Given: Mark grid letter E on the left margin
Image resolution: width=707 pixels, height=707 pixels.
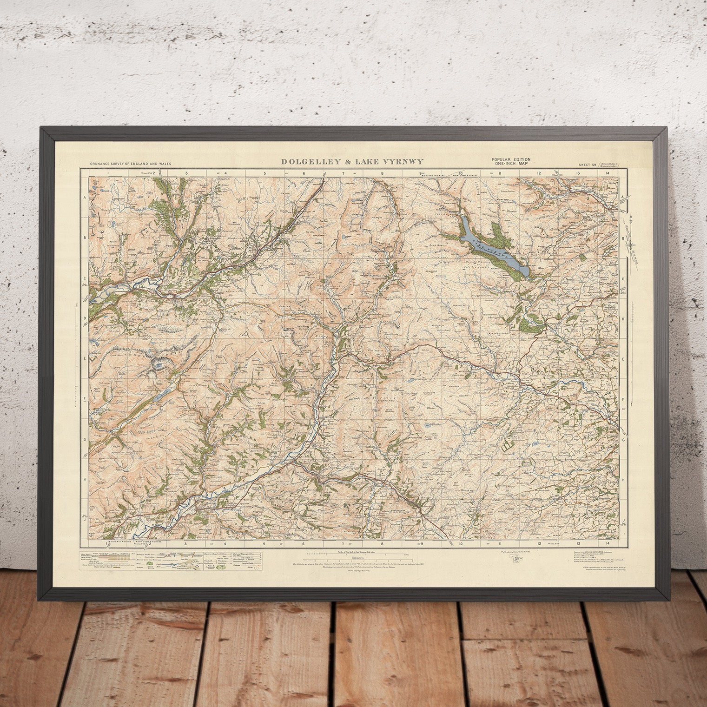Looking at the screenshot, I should pyautogui.click(x=85, y=358).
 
